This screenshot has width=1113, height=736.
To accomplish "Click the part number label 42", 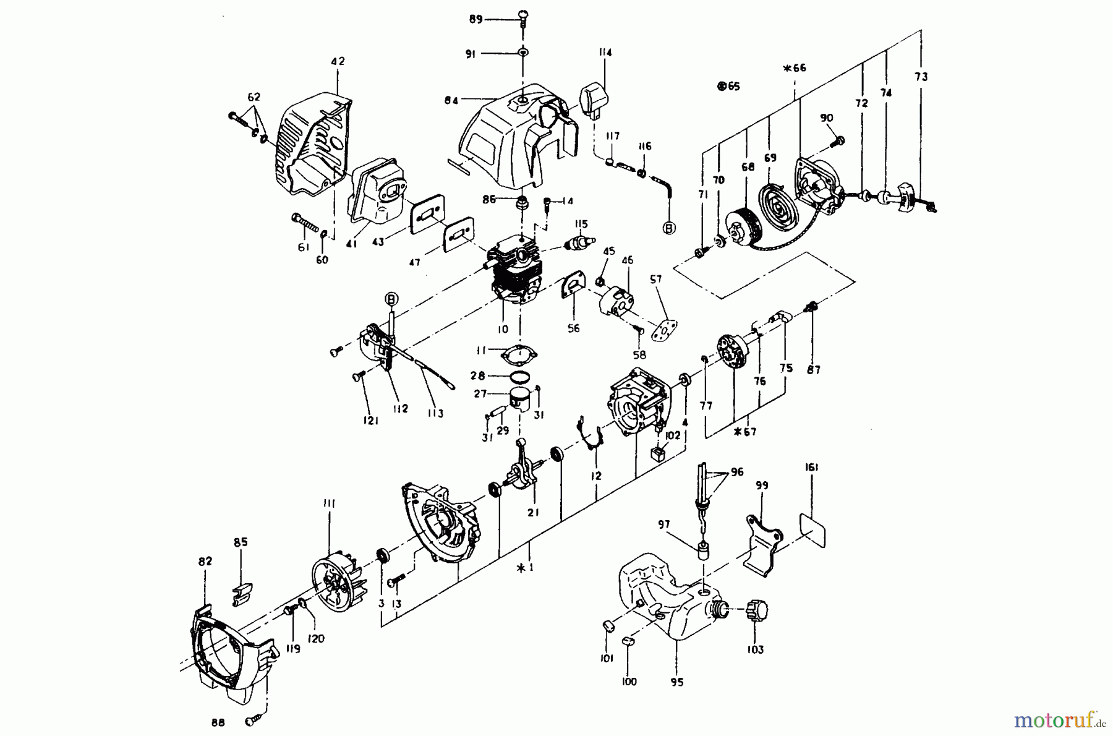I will pos(338,61).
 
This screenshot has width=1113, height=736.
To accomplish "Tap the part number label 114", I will pos(604,53).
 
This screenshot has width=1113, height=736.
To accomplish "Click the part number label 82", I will pos(205,561).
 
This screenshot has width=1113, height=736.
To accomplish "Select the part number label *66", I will pos(795,68).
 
